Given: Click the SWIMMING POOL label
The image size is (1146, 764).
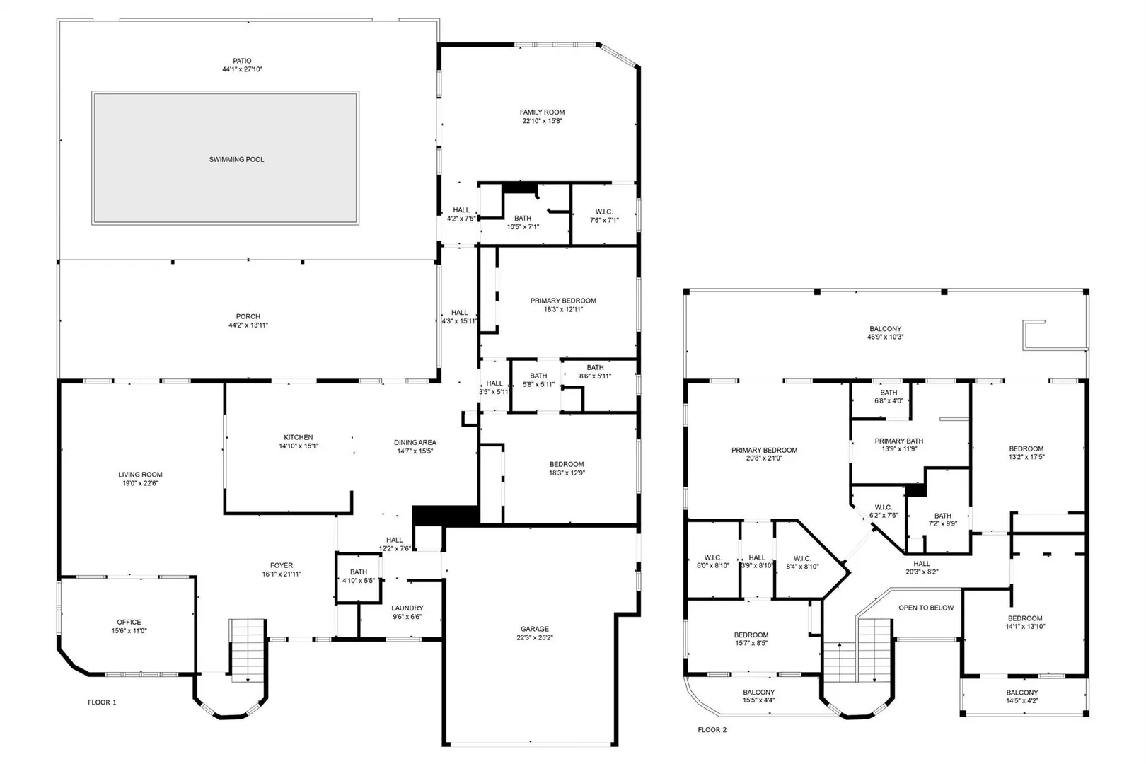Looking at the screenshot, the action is coord(236,160).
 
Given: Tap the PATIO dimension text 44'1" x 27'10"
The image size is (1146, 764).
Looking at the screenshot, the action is coord(242,69).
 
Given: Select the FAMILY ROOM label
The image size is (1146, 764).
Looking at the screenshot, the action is coord(543,112).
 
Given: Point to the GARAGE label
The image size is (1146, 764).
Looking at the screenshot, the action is coord(535,629).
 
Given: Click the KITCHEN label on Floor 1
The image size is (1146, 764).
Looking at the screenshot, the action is coord(299,437).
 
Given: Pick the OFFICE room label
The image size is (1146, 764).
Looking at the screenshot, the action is coord(129,623).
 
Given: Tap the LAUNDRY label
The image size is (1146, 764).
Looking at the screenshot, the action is coord(407,608).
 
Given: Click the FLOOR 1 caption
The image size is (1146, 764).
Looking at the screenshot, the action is coord(102,702).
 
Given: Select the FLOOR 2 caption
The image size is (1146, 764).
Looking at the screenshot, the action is coord(712,730).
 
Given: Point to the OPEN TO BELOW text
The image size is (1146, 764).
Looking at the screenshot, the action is coord(926,608).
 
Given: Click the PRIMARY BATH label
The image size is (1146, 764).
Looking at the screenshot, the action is coord(899,441).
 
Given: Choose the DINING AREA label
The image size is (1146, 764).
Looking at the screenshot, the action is coord(415,443).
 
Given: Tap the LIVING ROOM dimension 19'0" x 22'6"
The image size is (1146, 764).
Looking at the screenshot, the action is coord(140,483).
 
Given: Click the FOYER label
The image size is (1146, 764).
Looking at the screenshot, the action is coord(282,565).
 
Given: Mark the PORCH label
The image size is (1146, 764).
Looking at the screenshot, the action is coord(248,317).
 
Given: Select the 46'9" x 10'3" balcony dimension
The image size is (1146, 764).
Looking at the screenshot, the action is coord(886,337).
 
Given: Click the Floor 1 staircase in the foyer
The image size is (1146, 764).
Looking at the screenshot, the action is coord(248,650).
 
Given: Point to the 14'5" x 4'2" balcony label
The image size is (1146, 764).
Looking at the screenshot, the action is coord(1022,701).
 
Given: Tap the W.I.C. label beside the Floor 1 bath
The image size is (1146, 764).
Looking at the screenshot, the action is coord(604,212).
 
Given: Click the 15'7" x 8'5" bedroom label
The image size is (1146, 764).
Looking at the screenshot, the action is coord(751,643).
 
